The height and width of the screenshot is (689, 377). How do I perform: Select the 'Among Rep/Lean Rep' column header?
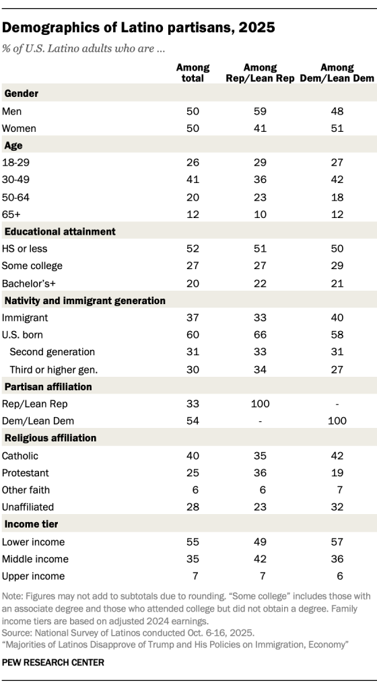point(261,73)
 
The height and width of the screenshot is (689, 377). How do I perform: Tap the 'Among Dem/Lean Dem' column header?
point(337,73)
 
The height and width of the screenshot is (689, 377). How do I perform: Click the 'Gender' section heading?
point(22,93)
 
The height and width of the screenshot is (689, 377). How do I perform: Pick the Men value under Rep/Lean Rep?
point(260,110)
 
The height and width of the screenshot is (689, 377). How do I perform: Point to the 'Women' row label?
point(20,128)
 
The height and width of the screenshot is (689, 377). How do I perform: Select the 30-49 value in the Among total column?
point(193,180)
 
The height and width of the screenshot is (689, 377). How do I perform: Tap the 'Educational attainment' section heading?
point(60,231)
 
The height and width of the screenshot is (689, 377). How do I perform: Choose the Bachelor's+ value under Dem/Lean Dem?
point(337,283)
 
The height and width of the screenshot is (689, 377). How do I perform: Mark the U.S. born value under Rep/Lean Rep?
point(260,335)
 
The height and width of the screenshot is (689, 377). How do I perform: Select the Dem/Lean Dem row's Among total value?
point(193,421)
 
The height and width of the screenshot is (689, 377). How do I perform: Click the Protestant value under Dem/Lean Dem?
point(337,472)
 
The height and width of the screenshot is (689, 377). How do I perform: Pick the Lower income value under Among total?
point(193,541)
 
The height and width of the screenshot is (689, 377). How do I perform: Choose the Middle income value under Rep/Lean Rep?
point(260,558)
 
